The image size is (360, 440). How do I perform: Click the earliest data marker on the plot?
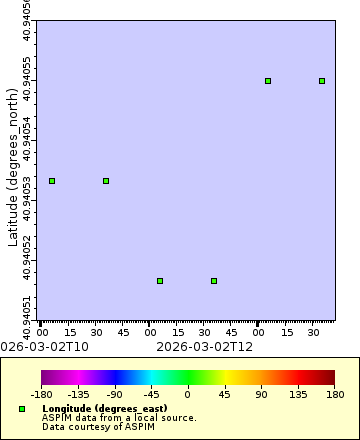pos(52,181)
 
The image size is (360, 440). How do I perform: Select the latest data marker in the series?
pos(322,81)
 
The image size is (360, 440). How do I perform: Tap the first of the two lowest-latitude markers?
pos(160,281)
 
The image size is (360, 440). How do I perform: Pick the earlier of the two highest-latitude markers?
pos(268,81)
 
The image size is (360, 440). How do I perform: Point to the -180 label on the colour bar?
pos(42,395)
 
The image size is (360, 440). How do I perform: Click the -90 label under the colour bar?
pos(115,395)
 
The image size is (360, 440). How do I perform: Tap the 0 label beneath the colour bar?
pos(188,395)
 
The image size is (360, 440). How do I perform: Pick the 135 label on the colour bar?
pos(297,395)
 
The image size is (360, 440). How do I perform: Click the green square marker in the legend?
pos(22,410)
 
